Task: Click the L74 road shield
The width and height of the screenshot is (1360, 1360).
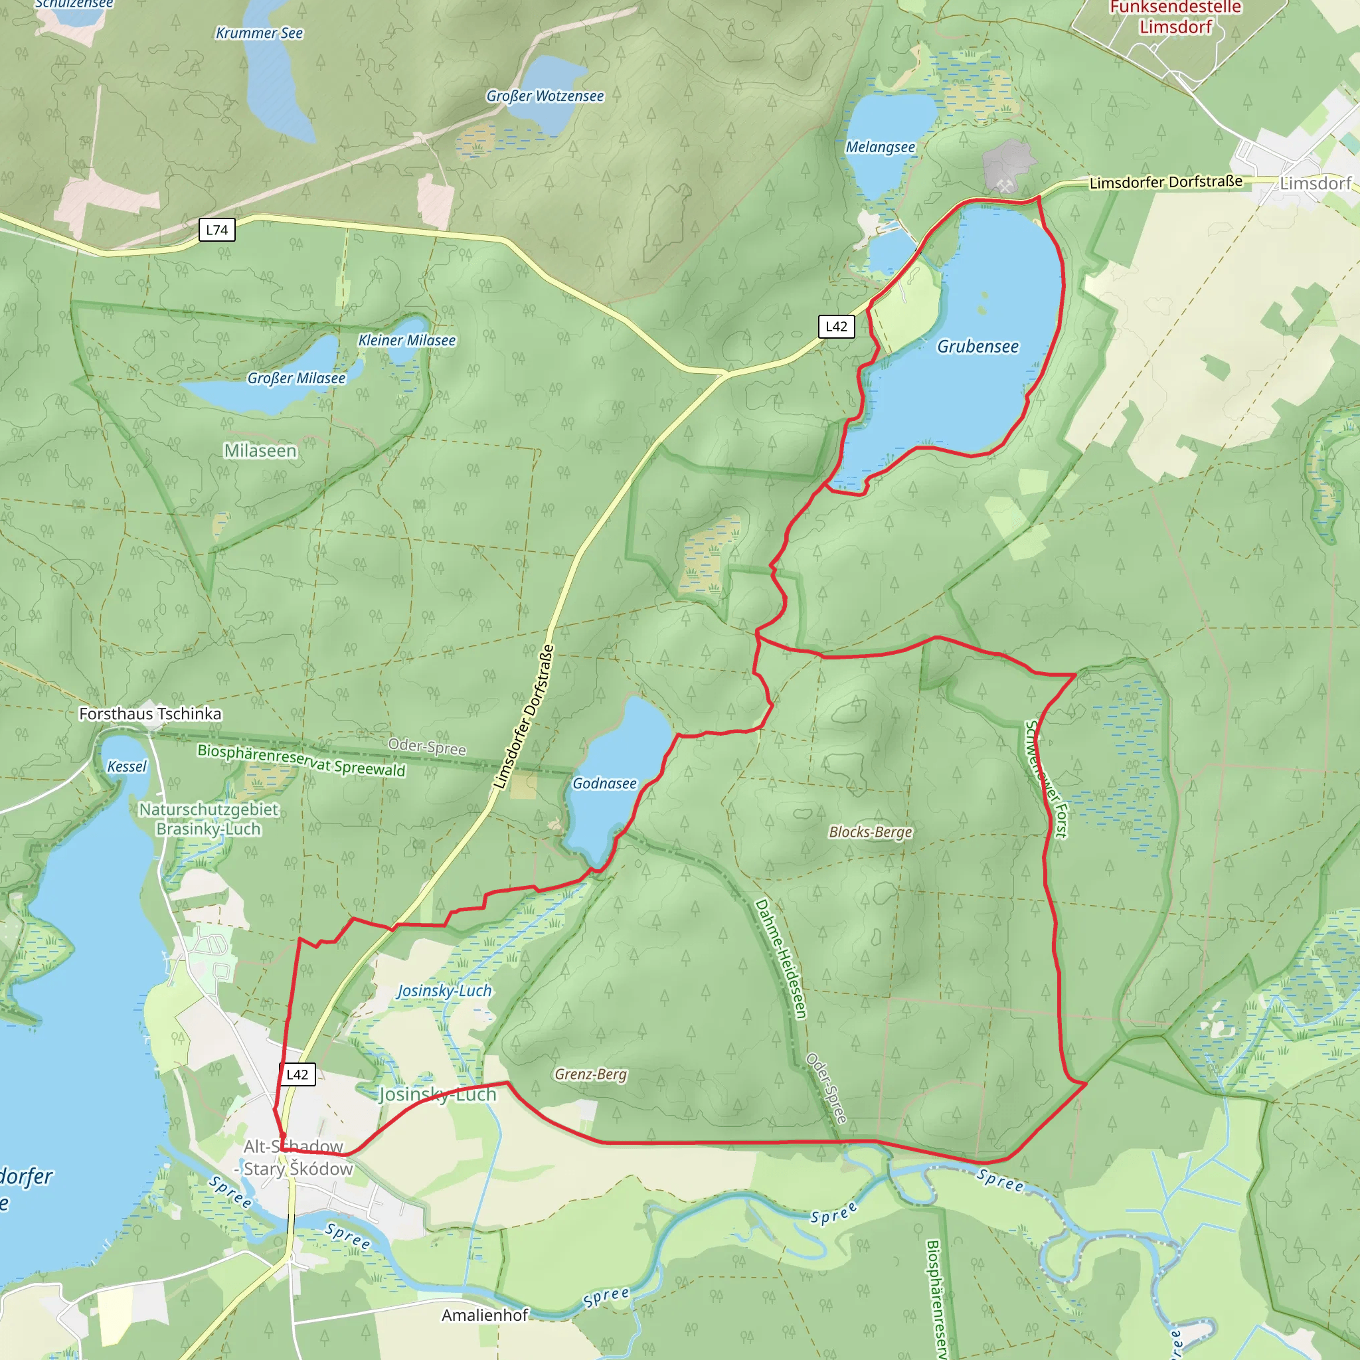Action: (216, 230)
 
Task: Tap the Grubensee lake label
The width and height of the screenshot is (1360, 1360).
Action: (977, 347)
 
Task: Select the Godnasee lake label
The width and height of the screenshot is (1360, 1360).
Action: (604, 784)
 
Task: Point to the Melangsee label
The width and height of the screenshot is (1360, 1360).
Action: (880, 147)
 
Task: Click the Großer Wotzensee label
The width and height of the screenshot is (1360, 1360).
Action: (545, 96)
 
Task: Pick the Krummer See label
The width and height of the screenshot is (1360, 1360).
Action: (259, 33)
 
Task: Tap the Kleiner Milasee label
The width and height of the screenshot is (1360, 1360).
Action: (407, 341)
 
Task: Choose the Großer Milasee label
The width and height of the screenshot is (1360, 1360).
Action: (296, 378)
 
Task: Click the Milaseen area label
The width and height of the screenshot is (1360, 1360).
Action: (260, 450)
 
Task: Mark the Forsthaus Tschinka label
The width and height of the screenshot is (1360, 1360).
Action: (150, 714)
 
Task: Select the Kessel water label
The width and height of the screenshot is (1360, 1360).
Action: (127, 766)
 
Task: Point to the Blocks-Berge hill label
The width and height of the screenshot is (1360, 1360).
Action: (870, 832)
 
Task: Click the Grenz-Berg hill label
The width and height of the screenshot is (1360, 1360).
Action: (590, 1074)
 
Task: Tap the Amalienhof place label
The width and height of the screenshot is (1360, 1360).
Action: (484, 1315)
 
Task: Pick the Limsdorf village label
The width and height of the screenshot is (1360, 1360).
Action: (1315, 184)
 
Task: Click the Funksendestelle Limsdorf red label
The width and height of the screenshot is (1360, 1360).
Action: (1175, 18)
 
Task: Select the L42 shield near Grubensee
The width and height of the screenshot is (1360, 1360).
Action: (836, 327)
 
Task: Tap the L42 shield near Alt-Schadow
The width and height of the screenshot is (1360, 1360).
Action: (297, 1074)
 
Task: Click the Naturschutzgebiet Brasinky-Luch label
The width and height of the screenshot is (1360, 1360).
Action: (209, 819)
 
